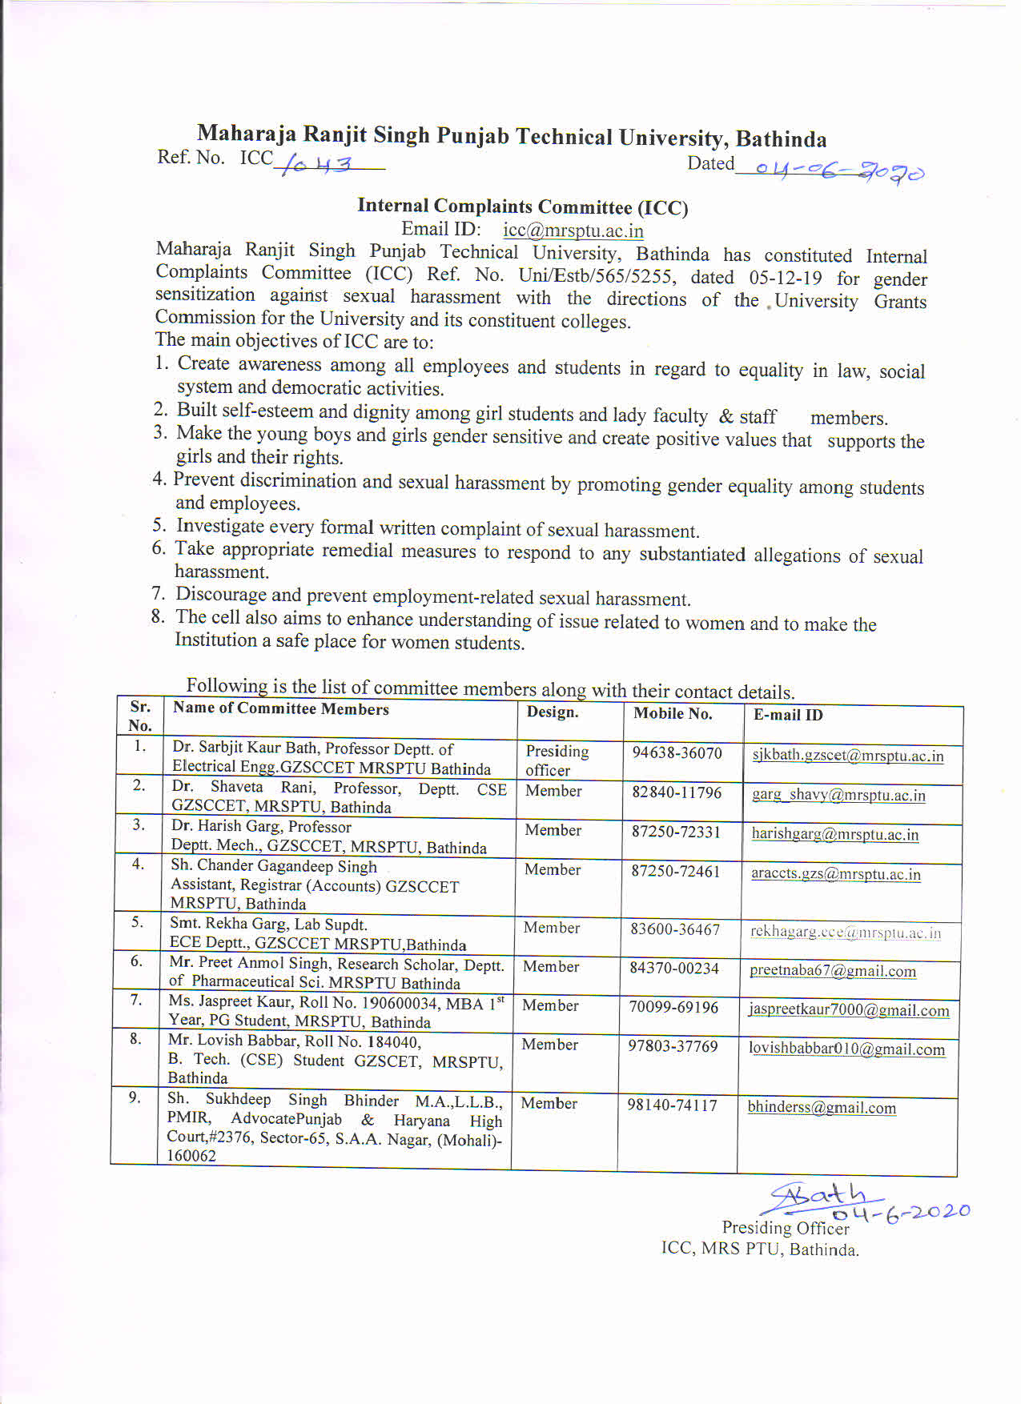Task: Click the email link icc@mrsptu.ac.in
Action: [573, 231]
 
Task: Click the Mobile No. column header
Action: [673, 714]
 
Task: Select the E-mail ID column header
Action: [788, 715]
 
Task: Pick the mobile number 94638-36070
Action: [677, 753]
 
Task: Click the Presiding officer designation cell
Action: [557, 760]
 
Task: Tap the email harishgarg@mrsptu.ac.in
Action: [834, 834]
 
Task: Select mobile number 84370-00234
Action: [674, 969]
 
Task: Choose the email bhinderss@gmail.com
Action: [822, 1108]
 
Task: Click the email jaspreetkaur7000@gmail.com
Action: [849, 1010]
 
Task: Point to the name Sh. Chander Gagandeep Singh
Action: [274, 866]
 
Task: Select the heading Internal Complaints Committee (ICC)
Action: [522, 207]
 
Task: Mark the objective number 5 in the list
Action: [159, 525]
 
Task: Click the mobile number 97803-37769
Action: [673, 1046]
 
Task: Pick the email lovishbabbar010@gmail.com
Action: [846, 1049]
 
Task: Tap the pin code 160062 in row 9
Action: [191, 1156]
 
